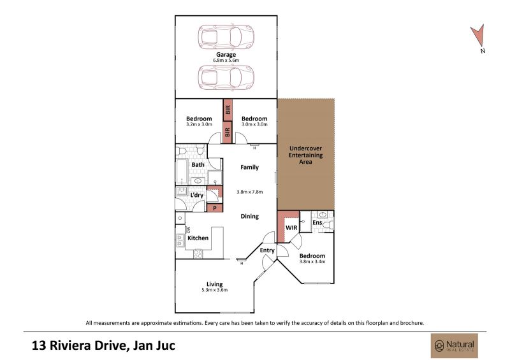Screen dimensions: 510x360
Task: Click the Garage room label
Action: coord(226,55)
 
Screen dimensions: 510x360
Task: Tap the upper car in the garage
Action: coord(226,36)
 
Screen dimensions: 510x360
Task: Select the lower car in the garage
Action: coord(226,77)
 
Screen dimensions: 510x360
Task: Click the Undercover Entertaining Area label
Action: coord(306,155)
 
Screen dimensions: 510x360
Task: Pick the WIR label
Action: coord(291,227)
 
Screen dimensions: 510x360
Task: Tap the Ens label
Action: coord(317,223)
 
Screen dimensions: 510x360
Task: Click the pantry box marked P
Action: coord(215,208)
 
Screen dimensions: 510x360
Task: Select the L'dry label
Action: coord(197,195)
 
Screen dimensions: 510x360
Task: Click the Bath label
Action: coord(198,165)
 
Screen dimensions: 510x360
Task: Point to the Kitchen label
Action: coord(198,238)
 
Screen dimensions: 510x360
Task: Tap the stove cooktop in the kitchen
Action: coord(198,254)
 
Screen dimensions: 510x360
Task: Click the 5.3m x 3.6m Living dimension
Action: coord(215,290)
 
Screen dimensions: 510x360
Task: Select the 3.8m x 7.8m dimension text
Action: coord(250,192)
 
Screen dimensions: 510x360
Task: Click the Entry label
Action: coord(267,250)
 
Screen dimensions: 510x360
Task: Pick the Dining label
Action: coord(250,216)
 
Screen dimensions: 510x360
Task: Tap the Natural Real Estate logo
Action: coord(455,346)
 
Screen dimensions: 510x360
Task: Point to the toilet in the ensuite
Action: coord(329,224)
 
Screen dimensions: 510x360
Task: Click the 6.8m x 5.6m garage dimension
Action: coord(226,61)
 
